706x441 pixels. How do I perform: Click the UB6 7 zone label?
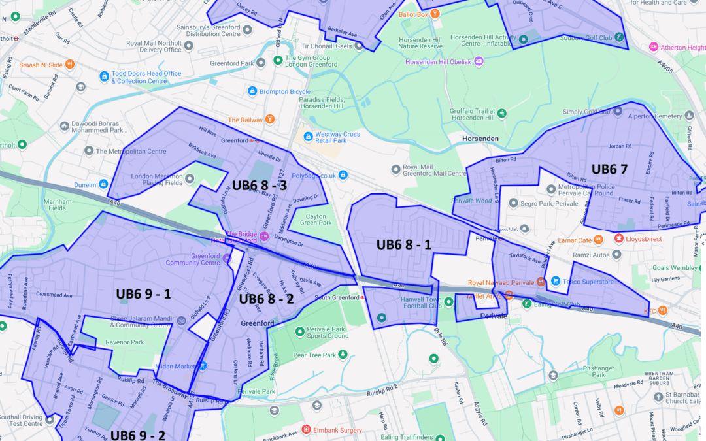pos(609,169)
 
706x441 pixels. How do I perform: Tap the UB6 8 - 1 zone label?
pos(403,244)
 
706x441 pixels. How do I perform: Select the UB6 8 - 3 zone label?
pos(260,185)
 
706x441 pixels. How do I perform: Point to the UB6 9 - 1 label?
pos(143,293)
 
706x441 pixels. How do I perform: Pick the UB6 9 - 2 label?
pos(138,434)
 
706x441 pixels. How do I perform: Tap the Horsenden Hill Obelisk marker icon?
pos(479,61)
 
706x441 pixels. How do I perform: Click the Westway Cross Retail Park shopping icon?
pos(307,137)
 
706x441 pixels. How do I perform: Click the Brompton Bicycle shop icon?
pos(253,92)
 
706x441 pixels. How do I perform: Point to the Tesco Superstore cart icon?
pos(556,282)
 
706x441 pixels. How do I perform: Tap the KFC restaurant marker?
pos(663,311)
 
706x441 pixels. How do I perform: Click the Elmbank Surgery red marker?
pos(306,429)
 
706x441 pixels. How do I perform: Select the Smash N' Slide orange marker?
pos(70,65)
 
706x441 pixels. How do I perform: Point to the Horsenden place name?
pos(480,139)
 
